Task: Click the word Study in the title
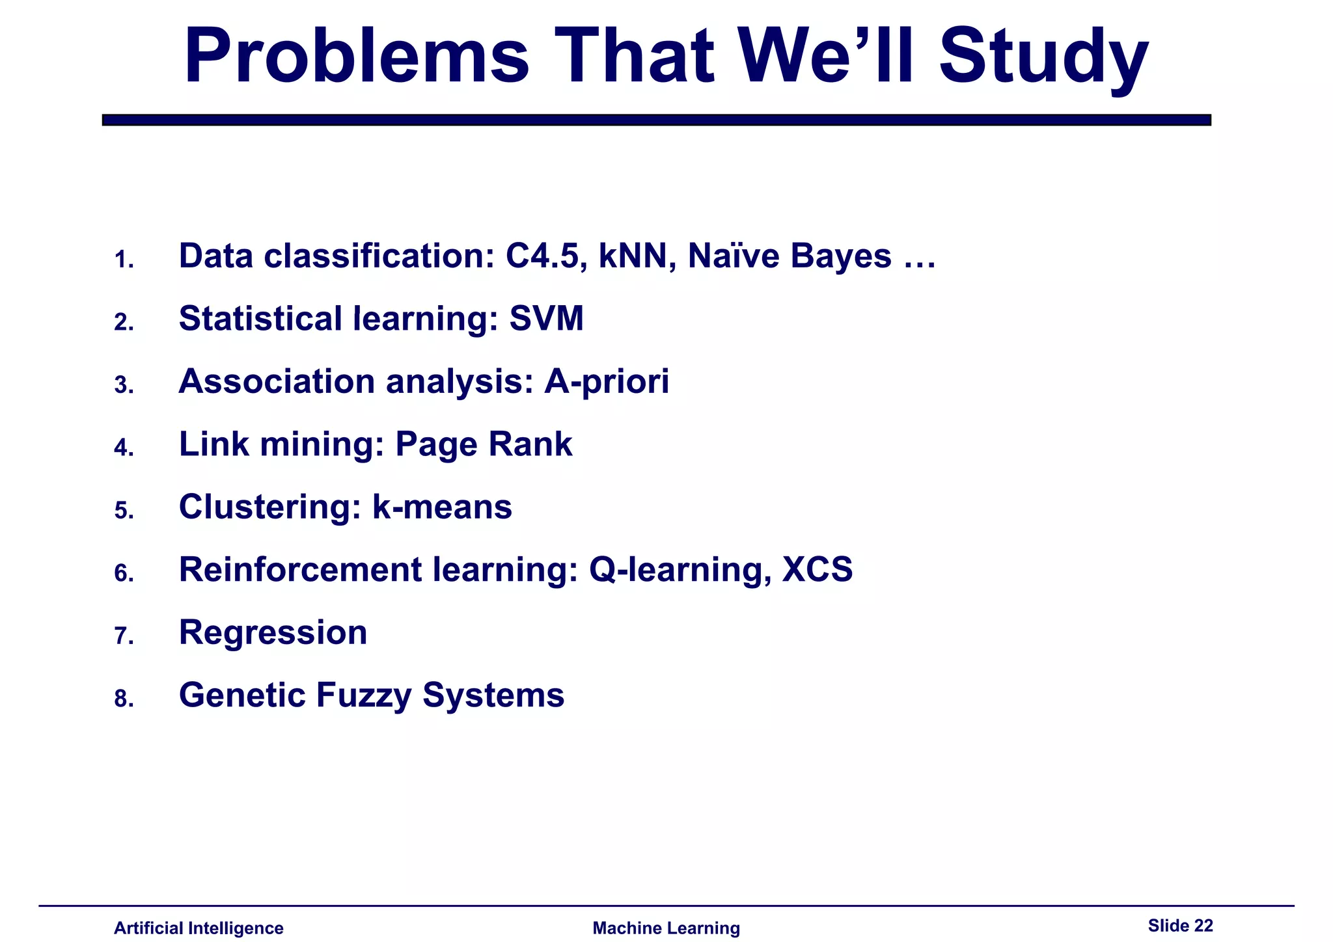pyautogui.click(x=1043, y=57)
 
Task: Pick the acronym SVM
pyautogui.click(x=546, y=319)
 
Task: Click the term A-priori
pyautogui.click(x=606, y=382)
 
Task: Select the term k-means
pyautogui.click(x=442, y=507)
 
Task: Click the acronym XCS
pyautogui.click(x=817, y=570)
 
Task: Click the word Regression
pyautogui.click(x=273, y=633)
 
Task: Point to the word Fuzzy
pyautogui.click(x=364, y=695)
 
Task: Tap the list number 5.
pyautogui.click(x=124, y=511)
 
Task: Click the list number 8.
pyautogui.click(x=124, y=699)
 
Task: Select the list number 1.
pyautogui.click(x=124, y=260)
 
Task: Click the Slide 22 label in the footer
pyautogui.click(x=1180, y=926)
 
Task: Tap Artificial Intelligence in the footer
pyautogui.click(x=199, y=928)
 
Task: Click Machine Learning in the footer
pyautogui.click(x=666, y=928)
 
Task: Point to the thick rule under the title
pyautogui.click(x=656, y=120)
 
